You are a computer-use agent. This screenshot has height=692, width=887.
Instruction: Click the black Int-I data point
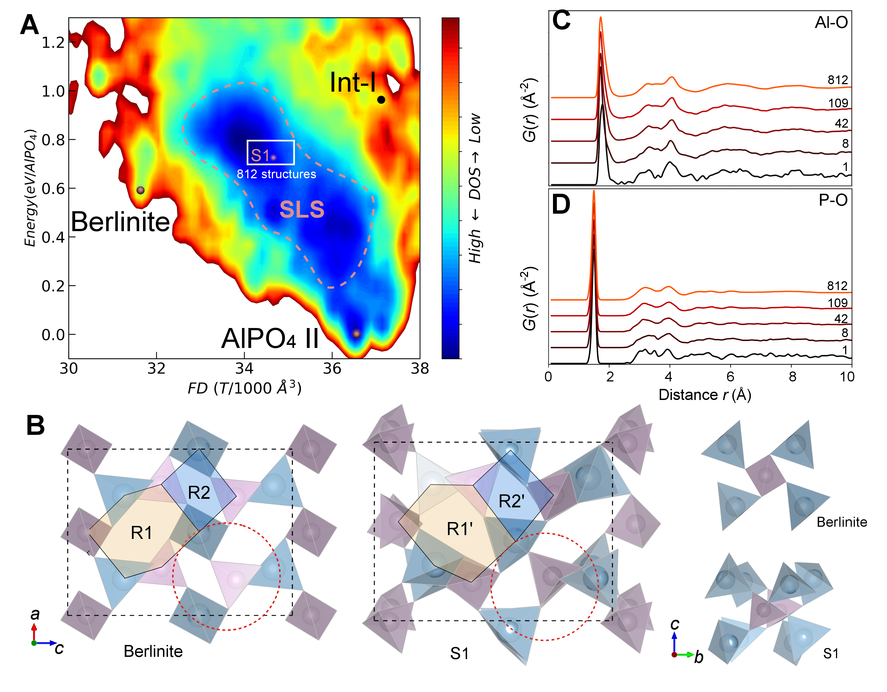381,100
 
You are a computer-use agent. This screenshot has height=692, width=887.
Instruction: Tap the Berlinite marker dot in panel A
141,190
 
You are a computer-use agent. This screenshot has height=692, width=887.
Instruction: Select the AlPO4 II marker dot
356,334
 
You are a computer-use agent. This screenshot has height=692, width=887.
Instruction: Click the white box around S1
271,153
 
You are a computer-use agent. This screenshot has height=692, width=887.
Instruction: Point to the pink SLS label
302,210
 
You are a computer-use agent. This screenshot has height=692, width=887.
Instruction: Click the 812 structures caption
276,174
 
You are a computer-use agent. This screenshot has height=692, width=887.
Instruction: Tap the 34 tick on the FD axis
244,369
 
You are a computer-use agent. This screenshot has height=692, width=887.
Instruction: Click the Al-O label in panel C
831,23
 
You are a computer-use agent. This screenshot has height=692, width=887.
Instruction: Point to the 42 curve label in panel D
841,319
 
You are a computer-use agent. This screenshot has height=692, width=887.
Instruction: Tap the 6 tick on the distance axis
730,377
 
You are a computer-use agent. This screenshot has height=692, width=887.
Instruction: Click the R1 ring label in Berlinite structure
141,533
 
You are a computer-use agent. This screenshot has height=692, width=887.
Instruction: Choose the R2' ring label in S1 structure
511,501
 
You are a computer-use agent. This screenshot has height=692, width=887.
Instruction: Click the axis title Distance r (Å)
705,395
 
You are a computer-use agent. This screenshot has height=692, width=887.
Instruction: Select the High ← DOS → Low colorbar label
475,189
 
